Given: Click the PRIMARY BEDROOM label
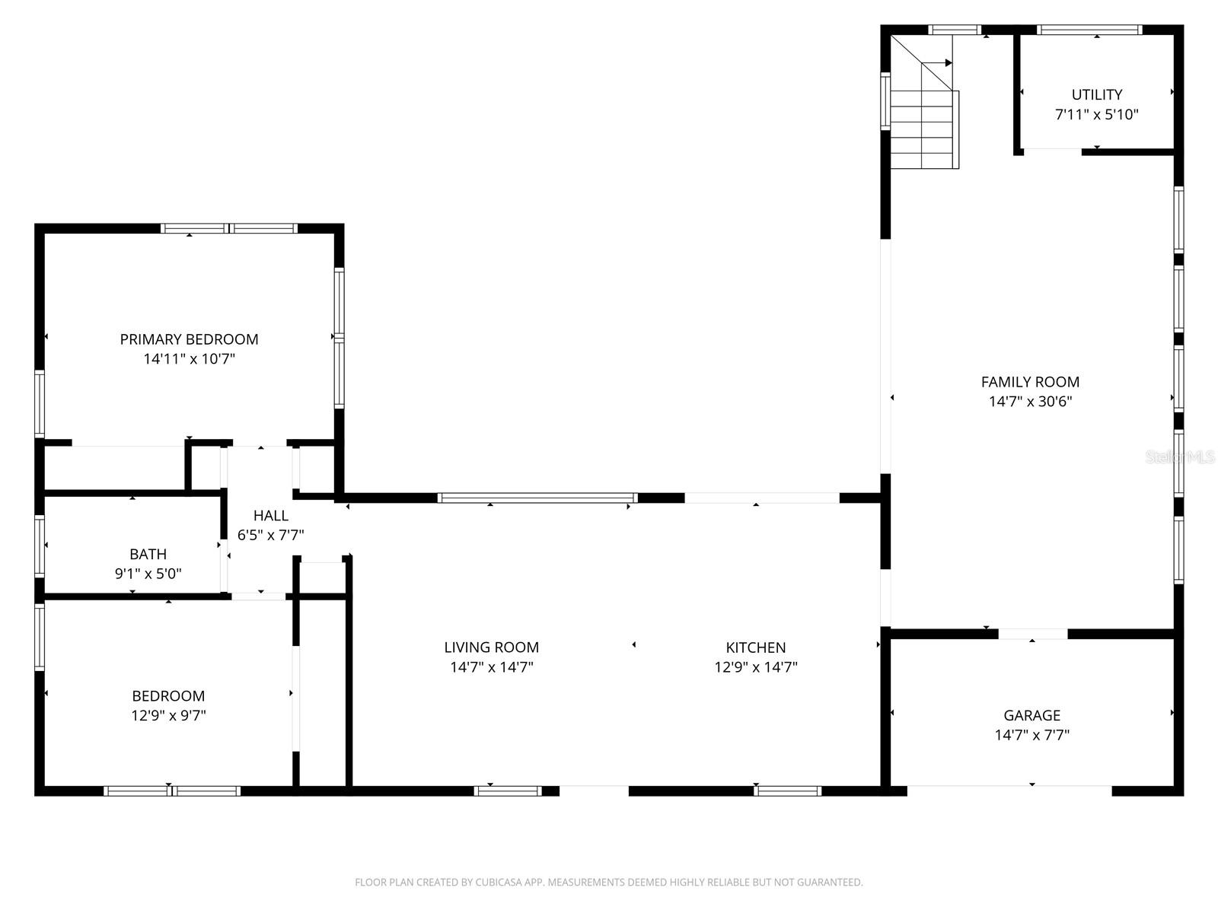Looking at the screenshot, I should click(189, 339).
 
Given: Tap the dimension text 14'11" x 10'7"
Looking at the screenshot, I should click(189, 359).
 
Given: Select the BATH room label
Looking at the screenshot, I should click(148, 554).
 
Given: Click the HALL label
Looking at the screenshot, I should click(270, 516).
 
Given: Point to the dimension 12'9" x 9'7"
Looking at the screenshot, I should click(168, 716).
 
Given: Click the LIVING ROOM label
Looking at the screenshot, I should click(491, 647).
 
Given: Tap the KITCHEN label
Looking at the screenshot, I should click(755, 647).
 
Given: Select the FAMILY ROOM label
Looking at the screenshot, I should click(1030, 382).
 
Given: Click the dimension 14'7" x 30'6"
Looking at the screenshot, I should click(1030, 402).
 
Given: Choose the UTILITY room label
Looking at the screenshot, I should click(1096, 94).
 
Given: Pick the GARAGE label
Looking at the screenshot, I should click(1031, 715).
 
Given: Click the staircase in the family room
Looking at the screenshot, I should click(923, 129).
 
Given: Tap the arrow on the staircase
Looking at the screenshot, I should click(948, 62).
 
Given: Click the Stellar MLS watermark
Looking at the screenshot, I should click(1180, 457).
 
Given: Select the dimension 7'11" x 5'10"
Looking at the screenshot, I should click(1096, 115).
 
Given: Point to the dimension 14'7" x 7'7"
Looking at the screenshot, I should click(1031, 735).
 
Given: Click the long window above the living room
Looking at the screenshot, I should click(537, 498).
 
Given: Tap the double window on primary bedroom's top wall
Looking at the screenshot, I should click(228, 228).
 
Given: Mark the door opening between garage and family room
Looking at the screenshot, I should click(1032, 634).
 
